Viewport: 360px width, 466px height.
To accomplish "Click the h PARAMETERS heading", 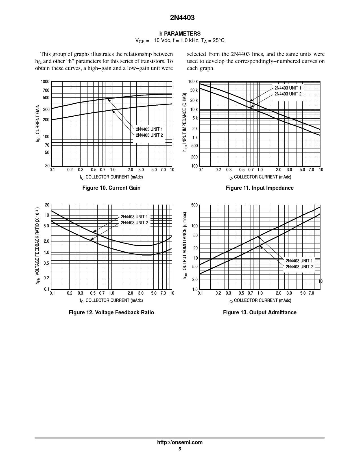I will click(x=180, y=34).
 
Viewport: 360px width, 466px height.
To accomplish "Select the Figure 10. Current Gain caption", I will click(x=111, y=188).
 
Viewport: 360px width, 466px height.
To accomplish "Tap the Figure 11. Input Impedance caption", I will click(x=259, y=188).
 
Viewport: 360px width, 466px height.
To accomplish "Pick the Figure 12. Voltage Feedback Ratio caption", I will click(x=111, y=312).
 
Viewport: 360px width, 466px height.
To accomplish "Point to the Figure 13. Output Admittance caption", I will click(x=259, y=312).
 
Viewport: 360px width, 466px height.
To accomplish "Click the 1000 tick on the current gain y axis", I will click(x=45, y=82).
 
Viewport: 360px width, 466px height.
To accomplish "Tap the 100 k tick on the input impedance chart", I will click(x=193, y=82).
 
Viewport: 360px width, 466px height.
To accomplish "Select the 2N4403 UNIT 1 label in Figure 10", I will click(x=149, y=129).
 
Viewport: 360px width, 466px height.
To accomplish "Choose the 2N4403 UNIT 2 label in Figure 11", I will click(x=288, y=94).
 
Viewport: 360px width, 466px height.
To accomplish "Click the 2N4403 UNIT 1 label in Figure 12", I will click(x=134, y=217).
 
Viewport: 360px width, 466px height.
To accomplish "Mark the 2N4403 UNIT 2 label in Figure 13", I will click(x=299, y=267).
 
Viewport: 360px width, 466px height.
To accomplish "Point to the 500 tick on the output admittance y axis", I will click(x=194, y=205).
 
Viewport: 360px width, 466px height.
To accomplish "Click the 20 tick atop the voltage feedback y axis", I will click(x=47, y=205).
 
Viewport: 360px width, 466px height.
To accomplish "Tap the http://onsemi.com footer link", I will click(x=180, y=443).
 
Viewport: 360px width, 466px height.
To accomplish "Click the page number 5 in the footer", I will click(x=180, y=449).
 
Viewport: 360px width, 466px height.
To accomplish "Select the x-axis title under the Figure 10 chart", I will click(x=111, y=177).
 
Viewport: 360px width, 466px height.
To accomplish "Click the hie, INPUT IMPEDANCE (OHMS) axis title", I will click(x=185, y=122).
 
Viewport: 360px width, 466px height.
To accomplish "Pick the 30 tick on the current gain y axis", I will click(x=47, y=166).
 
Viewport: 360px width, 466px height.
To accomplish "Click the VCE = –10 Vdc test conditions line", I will click(x=180, y=41).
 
